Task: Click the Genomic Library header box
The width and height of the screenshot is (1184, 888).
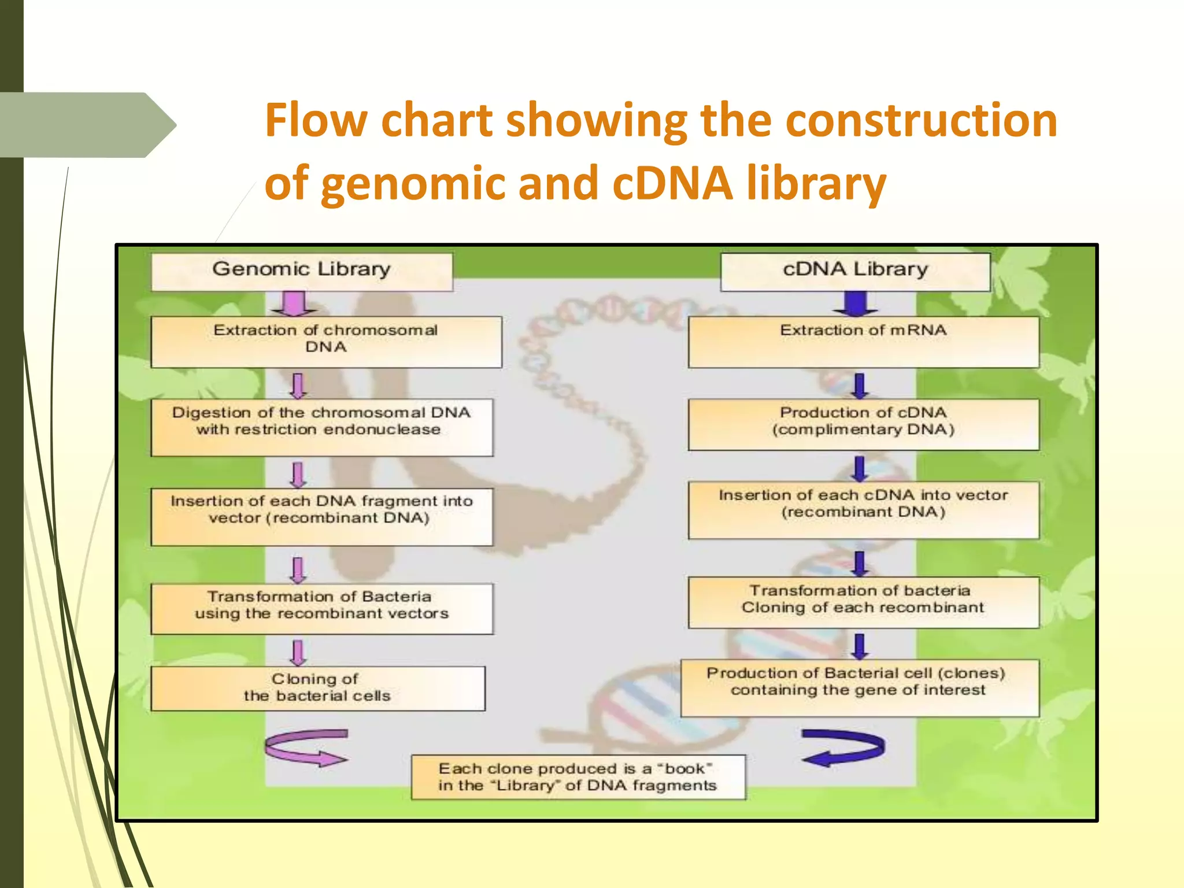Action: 301,271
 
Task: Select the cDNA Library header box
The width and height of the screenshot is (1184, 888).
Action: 855,271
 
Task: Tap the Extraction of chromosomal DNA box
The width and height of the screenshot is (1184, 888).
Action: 326,342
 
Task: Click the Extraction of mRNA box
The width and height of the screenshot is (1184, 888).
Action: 863,342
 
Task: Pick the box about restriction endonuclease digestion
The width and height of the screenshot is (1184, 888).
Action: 322,427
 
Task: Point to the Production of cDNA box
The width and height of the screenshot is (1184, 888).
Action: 863,424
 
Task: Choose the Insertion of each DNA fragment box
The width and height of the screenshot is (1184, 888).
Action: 322,516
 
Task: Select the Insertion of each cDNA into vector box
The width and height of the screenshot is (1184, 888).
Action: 863,510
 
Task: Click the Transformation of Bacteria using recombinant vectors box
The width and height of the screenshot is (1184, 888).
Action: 322,609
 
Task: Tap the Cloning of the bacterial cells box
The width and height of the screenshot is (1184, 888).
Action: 317,688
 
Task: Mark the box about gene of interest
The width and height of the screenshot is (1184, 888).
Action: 860,688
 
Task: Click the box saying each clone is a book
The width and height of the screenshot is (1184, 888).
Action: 578,777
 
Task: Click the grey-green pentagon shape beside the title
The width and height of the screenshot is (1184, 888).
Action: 87,125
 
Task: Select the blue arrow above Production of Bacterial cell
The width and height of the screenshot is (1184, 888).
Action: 860,646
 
